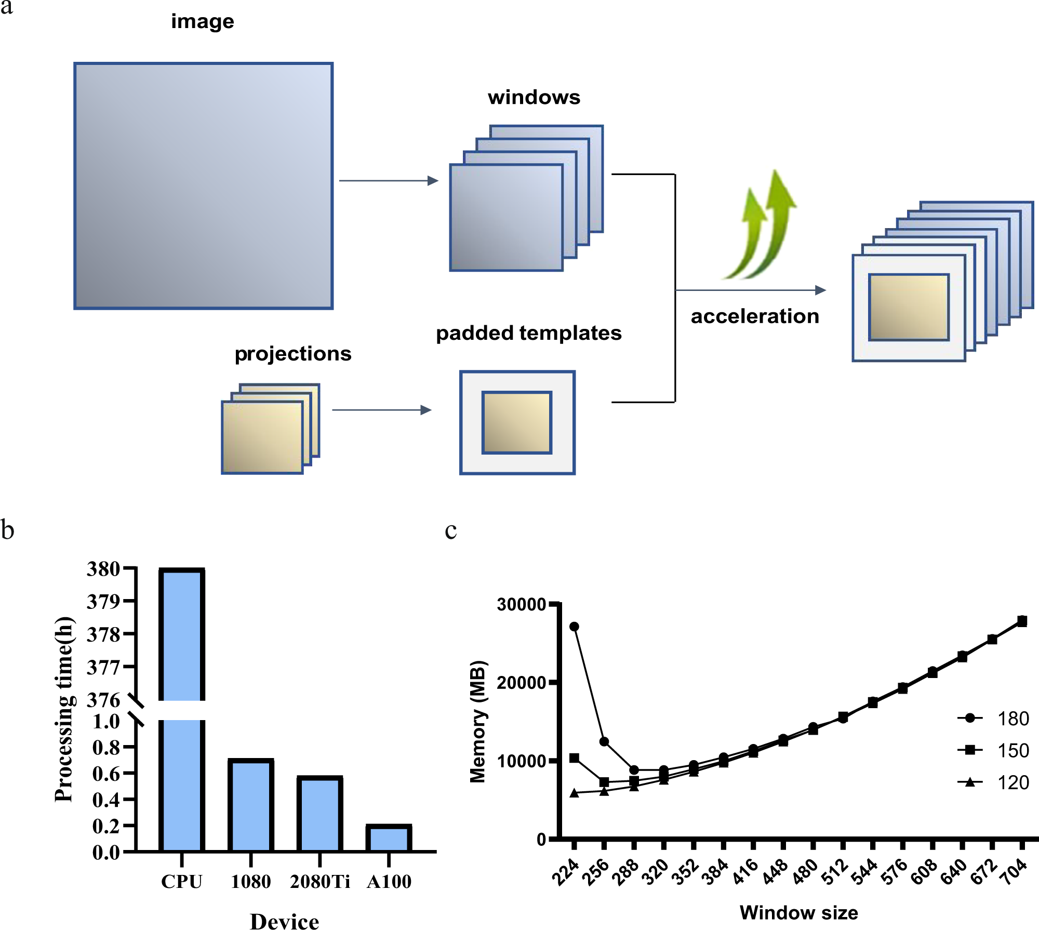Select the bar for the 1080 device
coord(250,805)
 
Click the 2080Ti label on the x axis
coord(319,882)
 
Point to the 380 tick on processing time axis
coord(103,569)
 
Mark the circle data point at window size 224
coord(574,627)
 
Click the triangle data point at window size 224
coord(574,793)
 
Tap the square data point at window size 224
coord(574,758)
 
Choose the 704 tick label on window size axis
coord(1015,871)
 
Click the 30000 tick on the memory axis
coord(521,604)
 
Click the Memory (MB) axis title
coord(477,721)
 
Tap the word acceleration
coord(755,316)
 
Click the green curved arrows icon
coord(760,226)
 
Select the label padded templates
coord(528,333)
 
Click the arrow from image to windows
coord(389,181)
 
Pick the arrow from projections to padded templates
coord(382,410)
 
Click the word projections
coord(293,354)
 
